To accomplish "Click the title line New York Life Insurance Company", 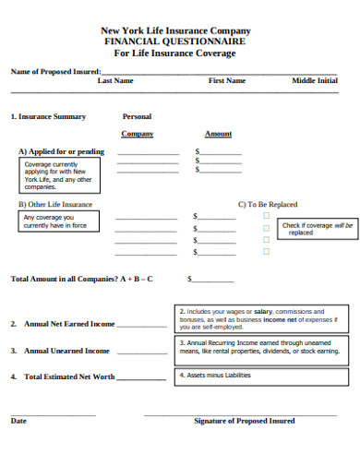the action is [175, 30].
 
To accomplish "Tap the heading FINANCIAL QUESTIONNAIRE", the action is [175, 42].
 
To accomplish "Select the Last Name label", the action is [115, 81].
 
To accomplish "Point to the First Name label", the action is [227, 81].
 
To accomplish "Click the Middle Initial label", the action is [315, 81].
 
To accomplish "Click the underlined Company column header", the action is [137, 134].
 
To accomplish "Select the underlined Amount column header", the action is [218, 134].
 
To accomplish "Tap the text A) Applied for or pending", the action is [62, 151].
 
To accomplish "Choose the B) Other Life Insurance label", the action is [55, 204].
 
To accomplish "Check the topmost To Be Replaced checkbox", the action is [266, 215].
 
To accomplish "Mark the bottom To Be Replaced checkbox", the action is [266, 251].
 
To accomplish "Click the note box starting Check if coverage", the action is [317, 229].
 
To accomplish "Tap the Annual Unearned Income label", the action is [66, 351].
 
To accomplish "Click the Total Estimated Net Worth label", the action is [69, 377].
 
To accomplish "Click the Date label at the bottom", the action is [18, 421].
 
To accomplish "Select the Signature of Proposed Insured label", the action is [245, 421].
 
